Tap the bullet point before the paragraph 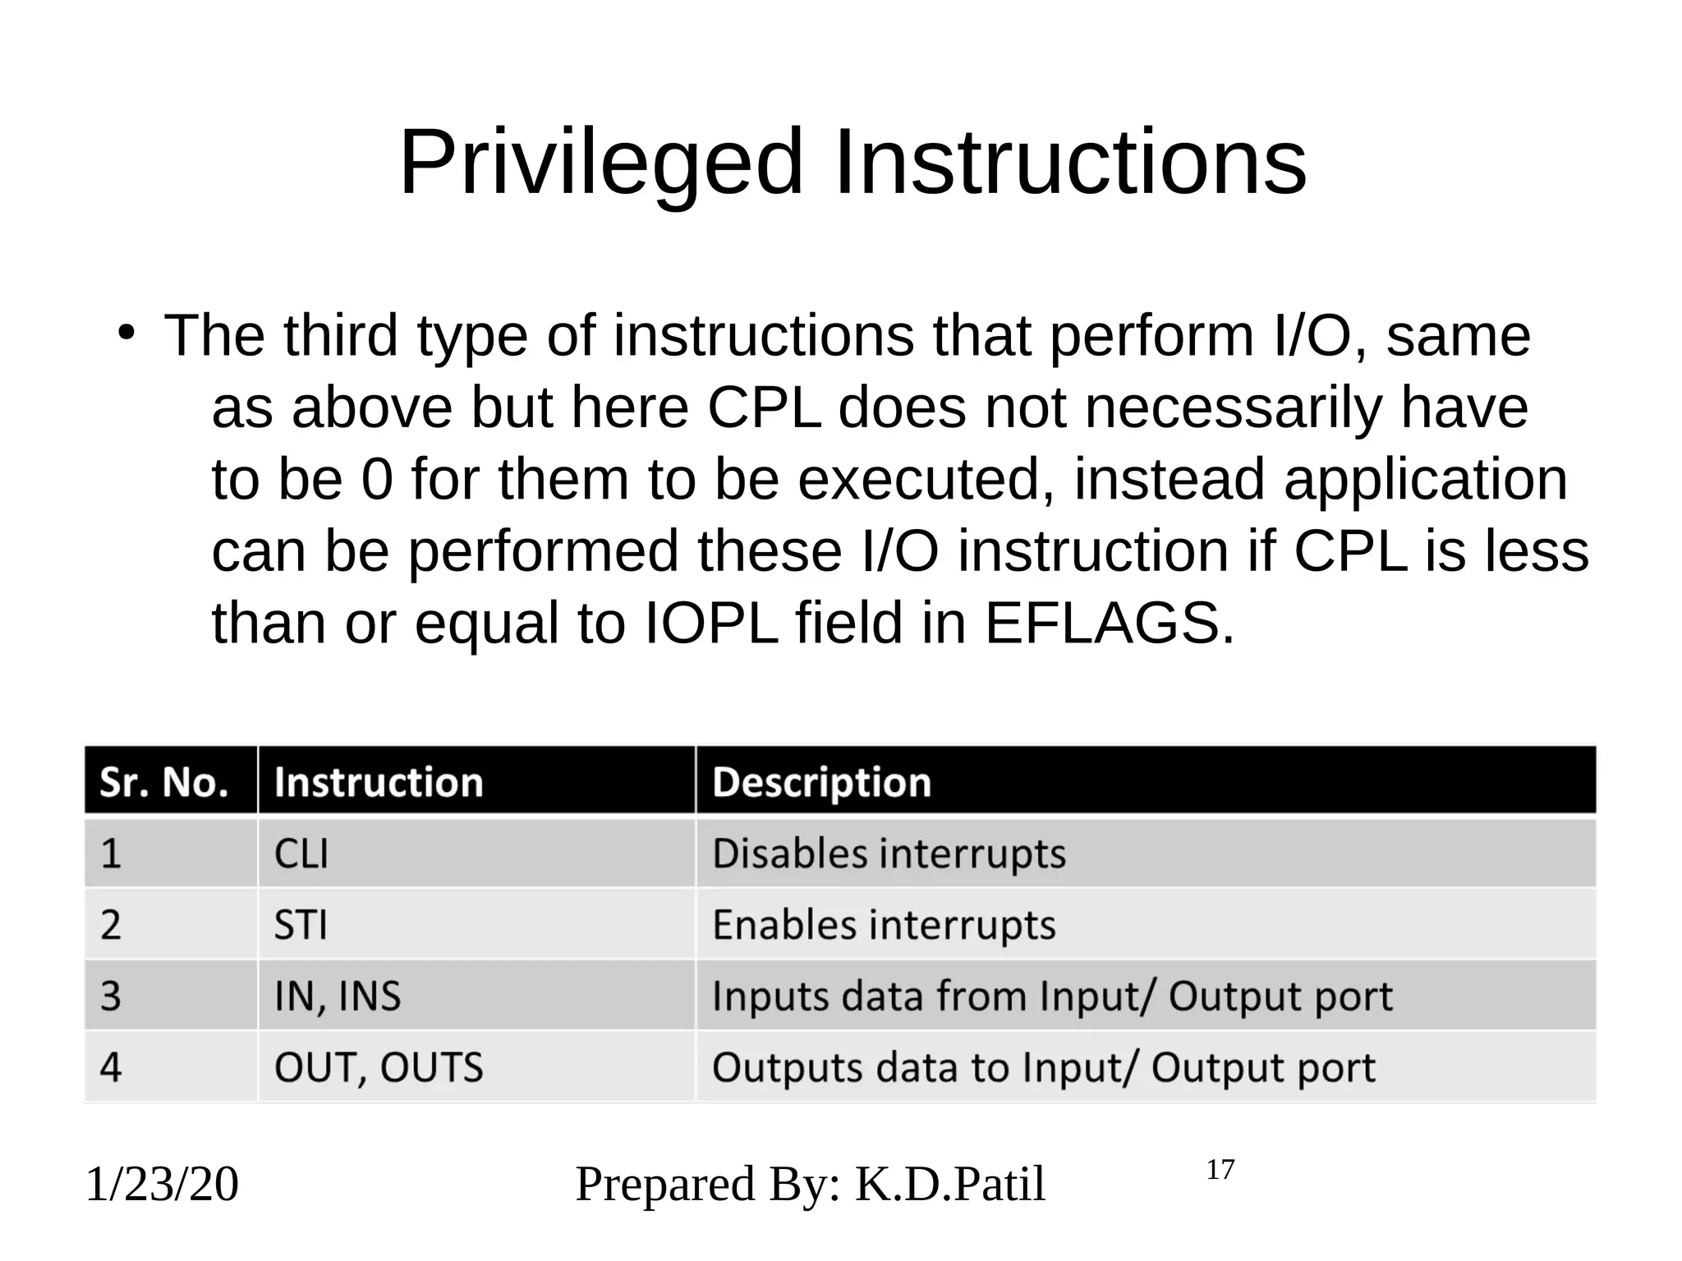click(x=125, y=334)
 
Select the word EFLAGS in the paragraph click(x=1109, y=623)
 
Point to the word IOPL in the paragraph click(x=710, y=623)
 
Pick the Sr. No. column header click(x=164, y=781)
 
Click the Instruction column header click(x=379, y=781)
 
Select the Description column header click(x=821, y=781)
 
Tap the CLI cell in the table click(x=301, y=854)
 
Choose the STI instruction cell click(x=301, y=925)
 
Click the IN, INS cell click(x=338, y=996)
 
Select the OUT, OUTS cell click(x=379, y=1067)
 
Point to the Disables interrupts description click(x=889, y=854)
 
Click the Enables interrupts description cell click(x=884, y=925)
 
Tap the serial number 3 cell click(x=111, y=996)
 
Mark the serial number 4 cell click(x=111, y=1067)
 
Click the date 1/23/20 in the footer click(x=162, y=1184)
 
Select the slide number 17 click(x=1220, y=1170)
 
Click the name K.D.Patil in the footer click(x=950, y=1184)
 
